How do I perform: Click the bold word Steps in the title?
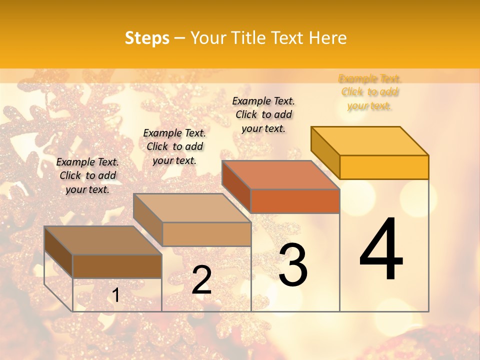point(146,38)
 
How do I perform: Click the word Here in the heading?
point(328,38)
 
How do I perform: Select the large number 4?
point(381,249)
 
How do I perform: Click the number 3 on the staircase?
point(292,264)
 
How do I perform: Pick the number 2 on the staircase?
point(201,280)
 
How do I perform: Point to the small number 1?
point(115,295)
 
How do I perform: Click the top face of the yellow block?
point(370,141)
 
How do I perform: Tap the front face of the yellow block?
point(384,167)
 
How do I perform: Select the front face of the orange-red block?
point(295,201)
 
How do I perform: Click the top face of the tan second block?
point(192,208)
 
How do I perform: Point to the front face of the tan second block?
point(206,234)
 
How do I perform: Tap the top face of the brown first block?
point(103,240)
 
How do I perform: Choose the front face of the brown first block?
point(117,266)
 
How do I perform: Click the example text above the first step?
point(87,175)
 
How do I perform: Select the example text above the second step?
point(174,146)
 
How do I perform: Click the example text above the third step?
point(263,114)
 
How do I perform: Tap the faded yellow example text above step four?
point(369,92)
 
